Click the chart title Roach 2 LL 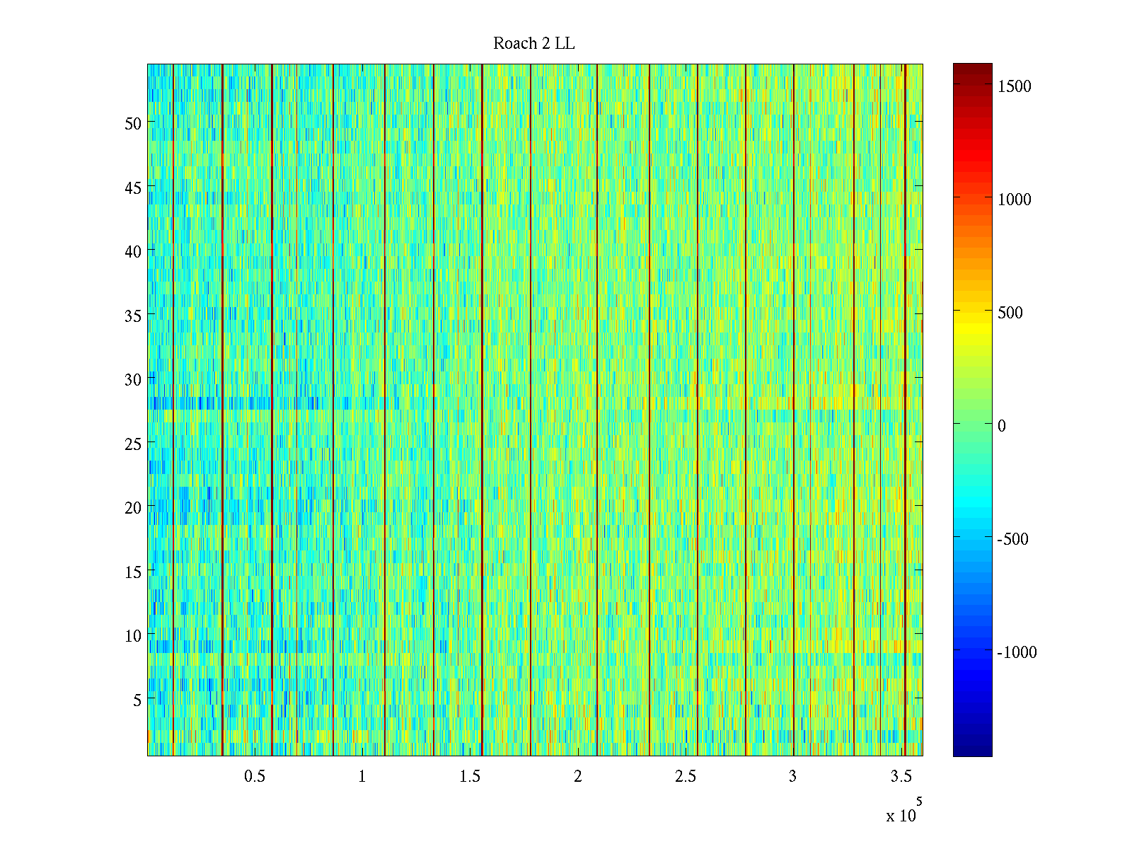coord(533,44)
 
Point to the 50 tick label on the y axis coord(133,123)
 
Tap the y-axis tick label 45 coord(133,187)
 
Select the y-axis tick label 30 coord(133,379)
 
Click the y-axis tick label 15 coord(133,572)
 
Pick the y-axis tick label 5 coord(137,700)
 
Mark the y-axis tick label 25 coord(133,444)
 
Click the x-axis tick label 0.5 coord(255,777)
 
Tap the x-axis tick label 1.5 coord(470,777)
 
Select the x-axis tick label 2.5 coord(686,777)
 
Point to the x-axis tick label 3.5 coord(901,777)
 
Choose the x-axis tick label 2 coord(578,777)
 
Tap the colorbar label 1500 coord(1014,86)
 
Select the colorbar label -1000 coord(1017,652)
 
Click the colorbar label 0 coord(1001,426)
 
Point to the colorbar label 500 coord(1010,313)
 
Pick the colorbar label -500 coord(1012,539)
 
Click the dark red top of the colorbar coord(972,69)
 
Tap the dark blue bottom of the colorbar coord(972,751)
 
